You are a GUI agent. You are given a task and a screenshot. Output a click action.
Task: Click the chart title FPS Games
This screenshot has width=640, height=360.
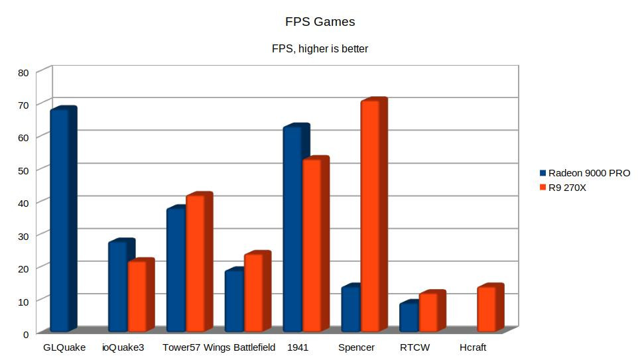click(320, 22)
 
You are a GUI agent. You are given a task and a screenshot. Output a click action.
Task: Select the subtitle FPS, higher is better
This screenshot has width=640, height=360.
click(320, 48)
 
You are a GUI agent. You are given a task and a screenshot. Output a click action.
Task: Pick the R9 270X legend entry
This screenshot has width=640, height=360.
click(567, 188)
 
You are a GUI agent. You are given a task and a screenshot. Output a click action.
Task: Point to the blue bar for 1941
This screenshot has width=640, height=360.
click(292, 229)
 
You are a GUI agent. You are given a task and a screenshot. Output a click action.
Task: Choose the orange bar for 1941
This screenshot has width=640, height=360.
click(312, 245)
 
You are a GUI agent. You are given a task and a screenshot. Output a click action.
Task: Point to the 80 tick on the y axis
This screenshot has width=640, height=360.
click(23, 72)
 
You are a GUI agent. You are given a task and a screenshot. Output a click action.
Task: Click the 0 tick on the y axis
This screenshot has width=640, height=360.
click(26, 333)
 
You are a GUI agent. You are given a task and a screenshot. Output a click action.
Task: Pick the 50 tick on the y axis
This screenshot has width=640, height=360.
click(23, 170)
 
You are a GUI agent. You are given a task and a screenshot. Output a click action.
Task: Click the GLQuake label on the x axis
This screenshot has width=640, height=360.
click(64, 347)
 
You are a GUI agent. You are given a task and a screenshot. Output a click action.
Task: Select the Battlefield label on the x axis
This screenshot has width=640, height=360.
click(254, 347)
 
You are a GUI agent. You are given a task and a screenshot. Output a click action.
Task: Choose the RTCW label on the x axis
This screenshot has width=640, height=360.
click(415, 347)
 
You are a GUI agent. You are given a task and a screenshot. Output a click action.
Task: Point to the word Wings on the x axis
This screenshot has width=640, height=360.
click(217, 347)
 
